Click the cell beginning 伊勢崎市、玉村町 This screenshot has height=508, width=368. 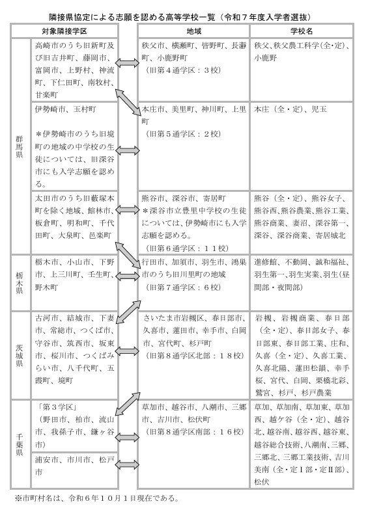74,146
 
